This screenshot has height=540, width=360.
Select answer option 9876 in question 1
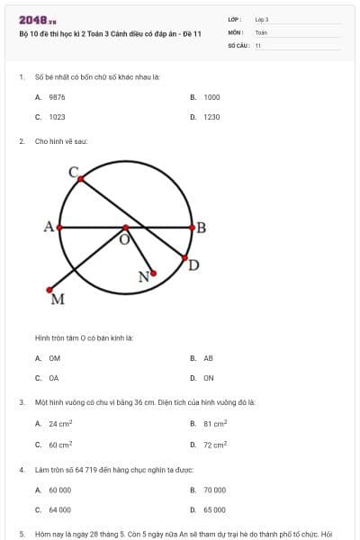click(x=57, y=96)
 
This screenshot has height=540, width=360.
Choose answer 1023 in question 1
click(x=57, y=117)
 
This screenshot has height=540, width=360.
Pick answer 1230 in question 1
click(x=211, y=117)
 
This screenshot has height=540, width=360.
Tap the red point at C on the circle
click(x=80, y=179)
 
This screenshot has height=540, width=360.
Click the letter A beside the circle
click(x=49, y=227)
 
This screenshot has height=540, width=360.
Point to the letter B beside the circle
click(x=201, y=228)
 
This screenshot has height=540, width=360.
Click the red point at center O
click(x=125, y=229)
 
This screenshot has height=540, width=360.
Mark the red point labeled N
click(x=154, y=273)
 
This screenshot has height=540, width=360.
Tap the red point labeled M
click(x=49, y=290)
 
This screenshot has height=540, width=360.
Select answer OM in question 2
click(x=54, y=358)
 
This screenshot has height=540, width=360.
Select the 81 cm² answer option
click(x=214, y=423)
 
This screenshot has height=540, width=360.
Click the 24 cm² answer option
click(x=60, y=423)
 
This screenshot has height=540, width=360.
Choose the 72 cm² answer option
click(x=214, y=445)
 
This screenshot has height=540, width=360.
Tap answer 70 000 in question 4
click(x=214, y=490)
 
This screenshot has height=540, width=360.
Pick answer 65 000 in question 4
click(x=214, y=510)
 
